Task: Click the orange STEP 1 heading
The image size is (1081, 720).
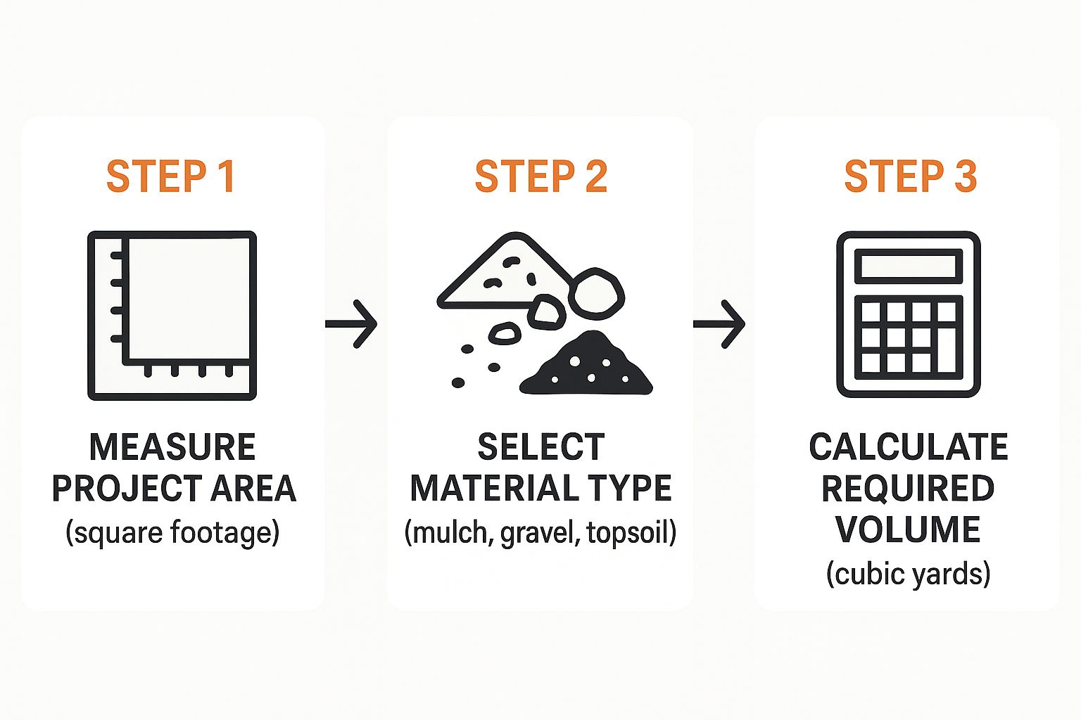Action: (x=171, y=176)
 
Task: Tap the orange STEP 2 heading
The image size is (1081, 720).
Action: (x=541, y=176)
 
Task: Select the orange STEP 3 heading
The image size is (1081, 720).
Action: (x=911, y=176)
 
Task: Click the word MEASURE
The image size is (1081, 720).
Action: (x=172, y=447)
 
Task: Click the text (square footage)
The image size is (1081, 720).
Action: (x=172, y=533)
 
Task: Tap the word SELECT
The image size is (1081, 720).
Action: (x=541, y=447)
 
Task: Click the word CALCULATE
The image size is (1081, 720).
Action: (x=909, y=447)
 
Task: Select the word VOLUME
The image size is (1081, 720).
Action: (x=909, y=530)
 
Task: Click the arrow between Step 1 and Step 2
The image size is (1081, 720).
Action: (x=351, y=323)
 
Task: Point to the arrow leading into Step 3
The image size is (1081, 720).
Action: (x=719, y=323)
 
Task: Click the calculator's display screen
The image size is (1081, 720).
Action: (x=909, y=266)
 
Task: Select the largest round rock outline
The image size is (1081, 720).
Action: (x=597, y=294)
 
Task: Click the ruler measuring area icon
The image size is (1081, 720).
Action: (x=172, y=316)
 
